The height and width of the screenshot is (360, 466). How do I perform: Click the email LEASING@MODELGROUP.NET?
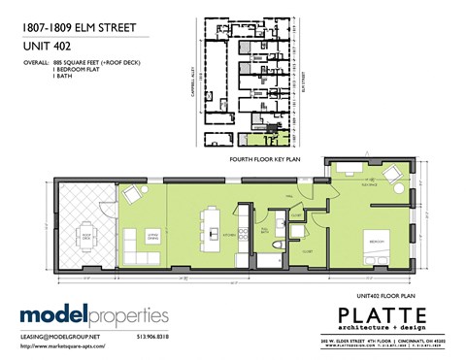(x=61, y=335)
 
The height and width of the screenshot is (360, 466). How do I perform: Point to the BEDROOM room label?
(x=377, y=235)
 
